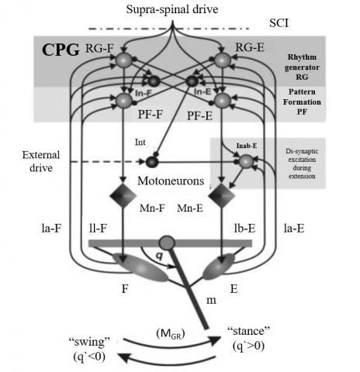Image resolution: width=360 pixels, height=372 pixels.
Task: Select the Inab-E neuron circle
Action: pyautogui.click(x=247, y=161)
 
